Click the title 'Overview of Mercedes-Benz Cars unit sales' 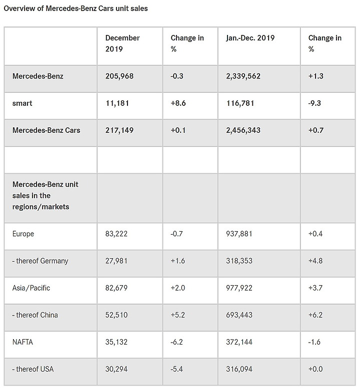tap(75, 8)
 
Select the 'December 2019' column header tap(122, 43)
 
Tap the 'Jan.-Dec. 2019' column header tap(250, 38)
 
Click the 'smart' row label tap(22, 103)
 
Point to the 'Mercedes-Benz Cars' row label tap(46, 130)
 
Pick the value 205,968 tap(119, 76)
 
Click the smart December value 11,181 tap(117, 103)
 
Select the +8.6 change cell tap(178, 103)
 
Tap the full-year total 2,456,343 tap(243, 130)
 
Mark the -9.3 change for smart tap(314, 103)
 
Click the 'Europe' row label tap(23, 234)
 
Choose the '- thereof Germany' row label tap(40, 261)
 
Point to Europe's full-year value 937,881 tap(239, 234)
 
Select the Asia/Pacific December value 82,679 tap(116, 288)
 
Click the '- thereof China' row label tap(35, 315)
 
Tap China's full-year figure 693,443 tap(239, 315)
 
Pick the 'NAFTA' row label tap(22, 342)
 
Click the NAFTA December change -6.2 tap(176, 342)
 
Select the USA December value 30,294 tap(116, 369)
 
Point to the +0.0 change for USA tap(315, 369)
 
